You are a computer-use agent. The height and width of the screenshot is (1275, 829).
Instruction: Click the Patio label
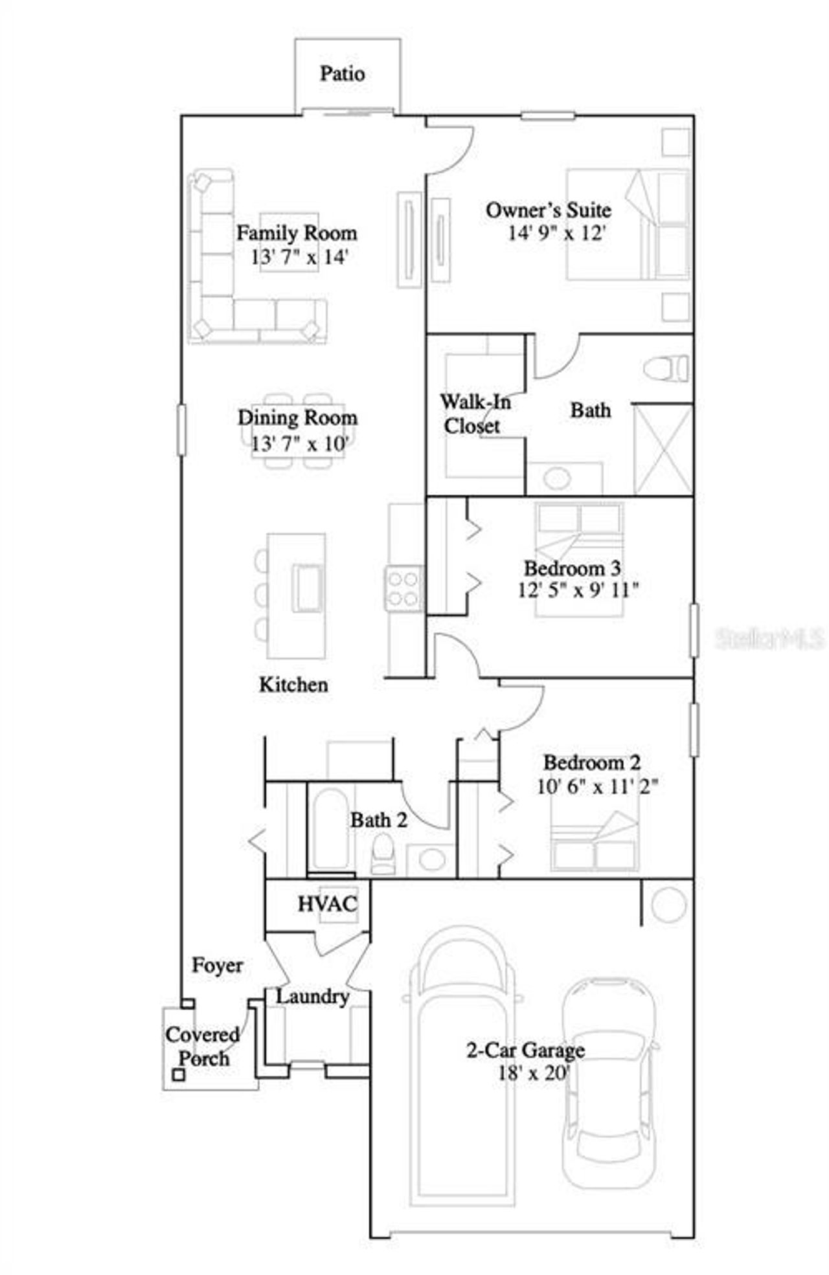[342, 74]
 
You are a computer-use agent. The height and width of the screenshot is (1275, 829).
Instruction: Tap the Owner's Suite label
[548, 210]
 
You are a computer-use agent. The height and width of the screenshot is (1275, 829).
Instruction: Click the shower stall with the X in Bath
[663, 449]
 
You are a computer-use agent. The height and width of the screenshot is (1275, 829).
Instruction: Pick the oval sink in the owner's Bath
[557, 478]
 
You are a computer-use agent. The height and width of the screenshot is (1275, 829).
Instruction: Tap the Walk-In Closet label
[475, 414]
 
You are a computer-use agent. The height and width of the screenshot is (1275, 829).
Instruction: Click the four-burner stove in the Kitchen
[403, 588]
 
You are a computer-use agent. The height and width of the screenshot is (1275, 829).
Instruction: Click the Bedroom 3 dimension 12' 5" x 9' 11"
[578, 590]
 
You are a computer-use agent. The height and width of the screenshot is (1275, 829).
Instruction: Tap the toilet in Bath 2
[383, 854]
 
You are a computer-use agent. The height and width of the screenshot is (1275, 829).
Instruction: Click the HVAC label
[327, 904]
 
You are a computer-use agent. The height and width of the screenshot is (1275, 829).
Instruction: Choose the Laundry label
[313, 996]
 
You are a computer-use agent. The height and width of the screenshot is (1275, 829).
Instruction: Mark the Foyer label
[218, 966]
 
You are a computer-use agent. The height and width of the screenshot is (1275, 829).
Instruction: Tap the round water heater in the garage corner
[668, 904]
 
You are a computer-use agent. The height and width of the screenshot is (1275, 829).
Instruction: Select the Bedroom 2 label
[592, 763]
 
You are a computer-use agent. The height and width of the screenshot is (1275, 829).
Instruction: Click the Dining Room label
[297, 418]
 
